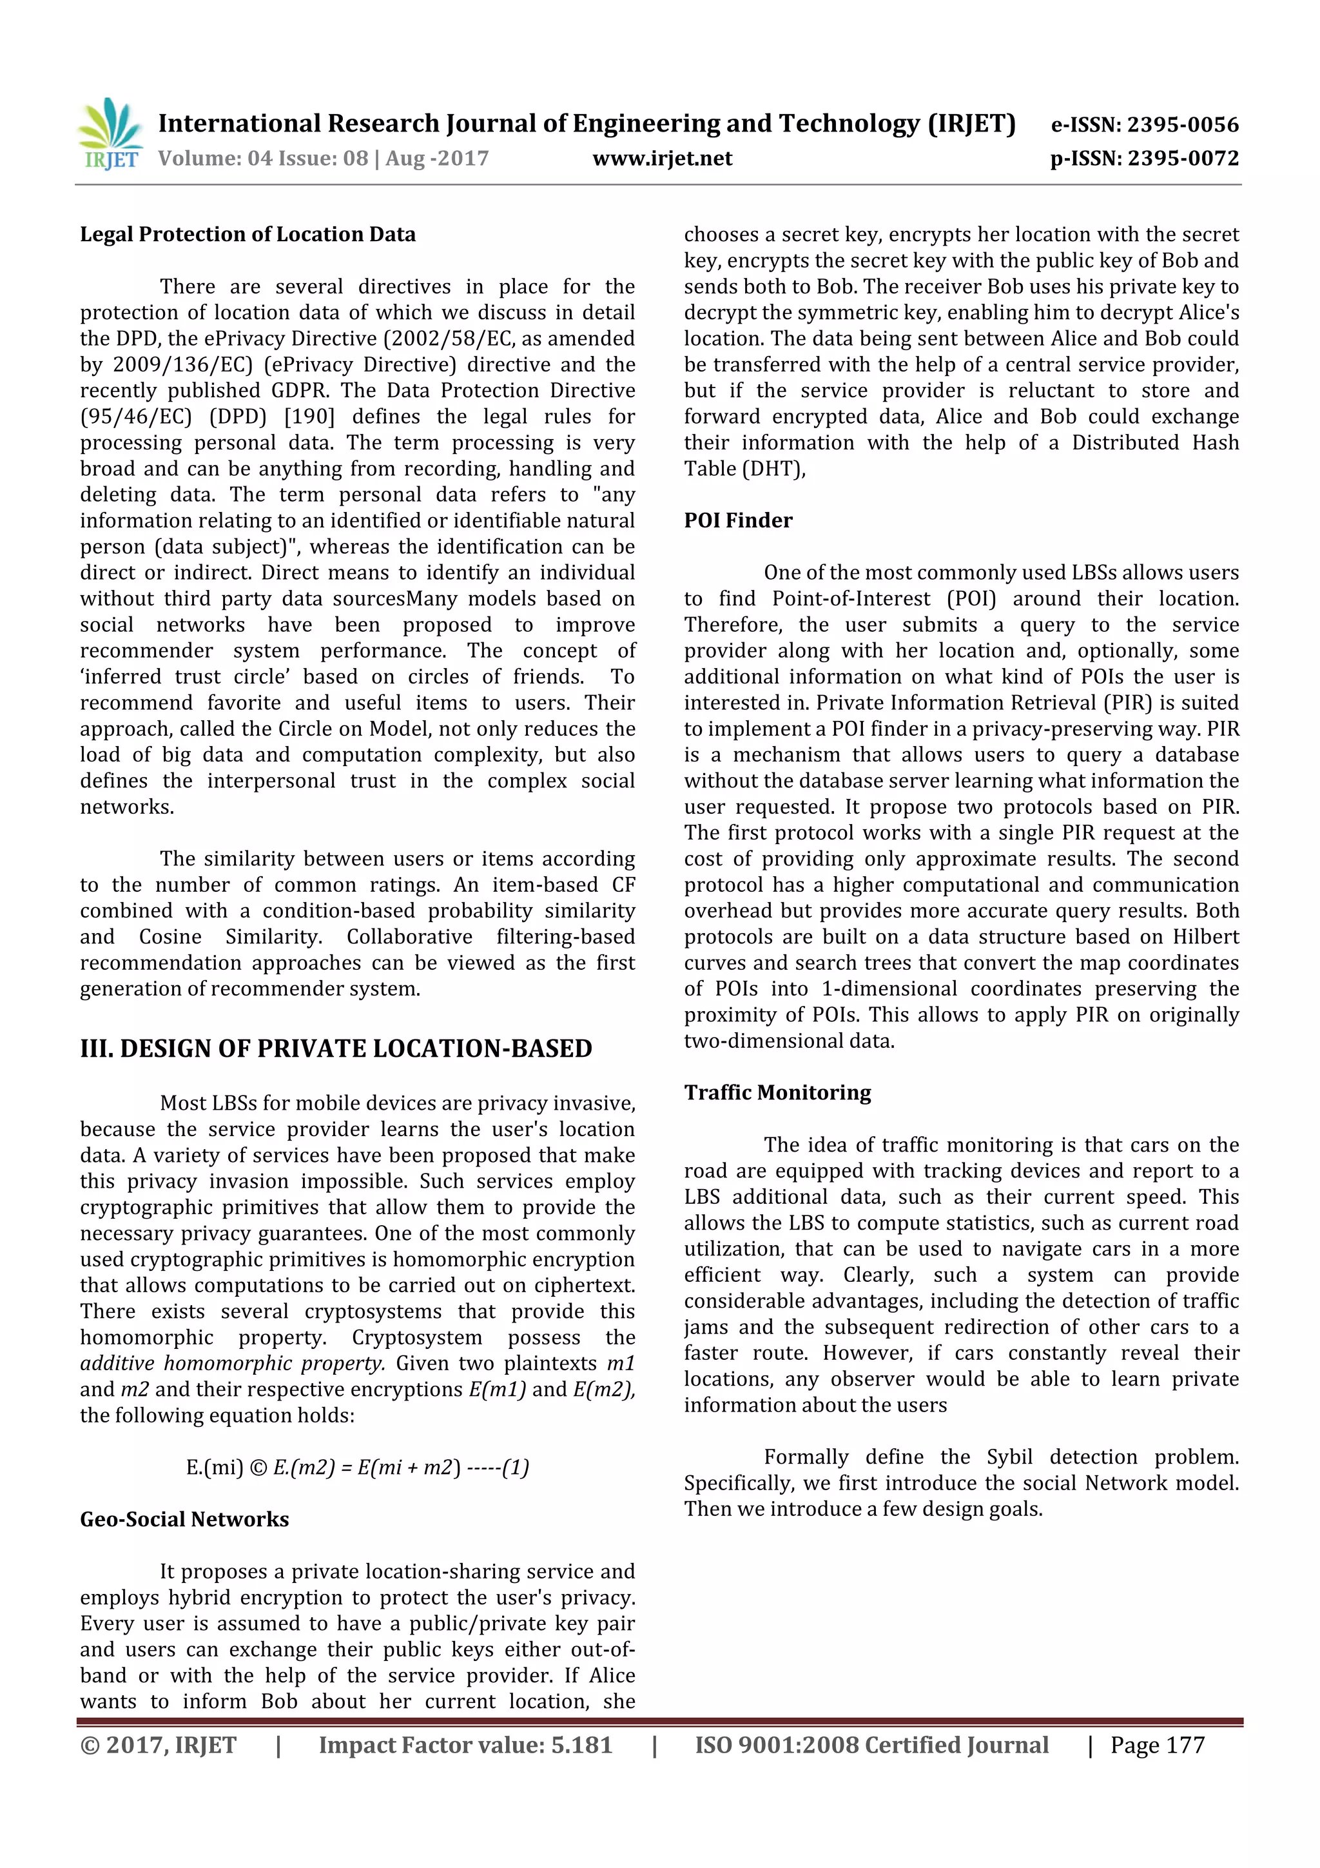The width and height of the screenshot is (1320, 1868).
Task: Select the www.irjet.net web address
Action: pos(662,159)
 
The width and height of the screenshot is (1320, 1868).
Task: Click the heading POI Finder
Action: pos(738,521)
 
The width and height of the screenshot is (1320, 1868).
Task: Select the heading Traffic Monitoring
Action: pos(777,1093)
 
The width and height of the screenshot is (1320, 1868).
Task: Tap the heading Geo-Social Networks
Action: pos(184,1519)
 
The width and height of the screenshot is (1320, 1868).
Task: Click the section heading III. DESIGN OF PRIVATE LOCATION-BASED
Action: pos(335,1048)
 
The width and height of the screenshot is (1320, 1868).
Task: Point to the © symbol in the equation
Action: pos(258,1468)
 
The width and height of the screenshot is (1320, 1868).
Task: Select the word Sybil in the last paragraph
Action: pos(1009,1457)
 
